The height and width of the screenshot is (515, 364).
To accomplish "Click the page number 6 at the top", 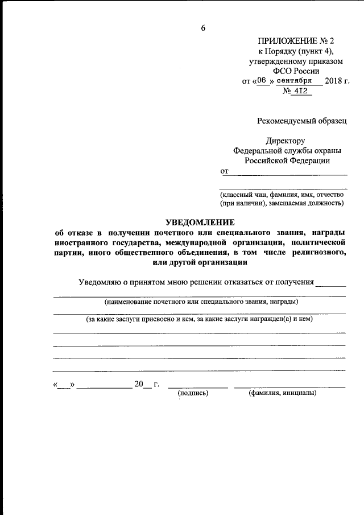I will click(203, 28).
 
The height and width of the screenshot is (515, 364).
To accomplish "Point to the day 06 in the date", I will click(261, 81).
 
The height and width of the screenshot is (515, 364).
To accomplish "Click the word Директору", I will click(286, 141).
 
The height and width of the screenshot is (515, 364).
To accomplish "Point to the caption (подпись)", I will click(193, 393).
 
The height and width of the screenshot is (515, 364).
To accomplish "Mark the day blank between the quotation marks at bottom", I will click(64, 385).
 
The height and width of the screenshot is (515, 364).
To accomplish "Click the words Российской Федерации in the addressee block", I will click(287, 160).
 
